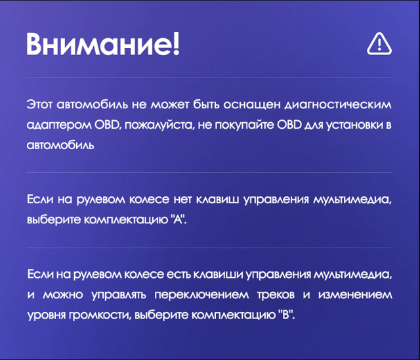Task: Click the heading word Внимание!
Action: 103,44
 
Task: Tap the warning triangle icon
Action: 379,44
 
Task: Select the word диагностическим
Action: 338,104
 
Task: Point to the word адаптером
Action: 59,125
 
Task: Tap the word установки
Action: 354,125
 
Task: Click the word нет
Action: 182,200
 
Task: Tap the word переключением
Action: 201,295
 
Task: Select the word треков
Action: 276,295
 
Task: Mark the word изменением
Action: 355,295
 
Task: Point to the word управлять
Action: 119,295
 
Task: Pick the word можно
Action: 63,295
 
